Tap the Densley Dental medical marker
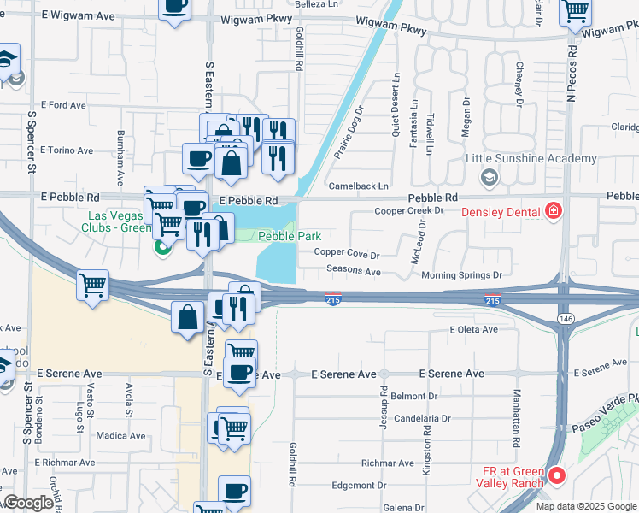coord(554,211)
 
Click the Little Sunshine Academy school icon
coord(490,177)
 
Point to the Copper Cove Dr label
coord(346,254)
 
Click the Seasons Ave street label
coord(354,271)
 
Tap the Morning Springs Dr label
coord(461,275)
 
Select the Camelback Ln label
coord(358,186)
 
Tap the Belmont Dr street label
coord(414,396)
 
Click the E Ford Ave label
coord(63,105)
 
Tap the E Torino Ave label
coord(66,150)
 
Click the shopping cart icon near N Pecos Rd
coord(576,12)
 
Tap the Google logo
coord(28,504)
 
